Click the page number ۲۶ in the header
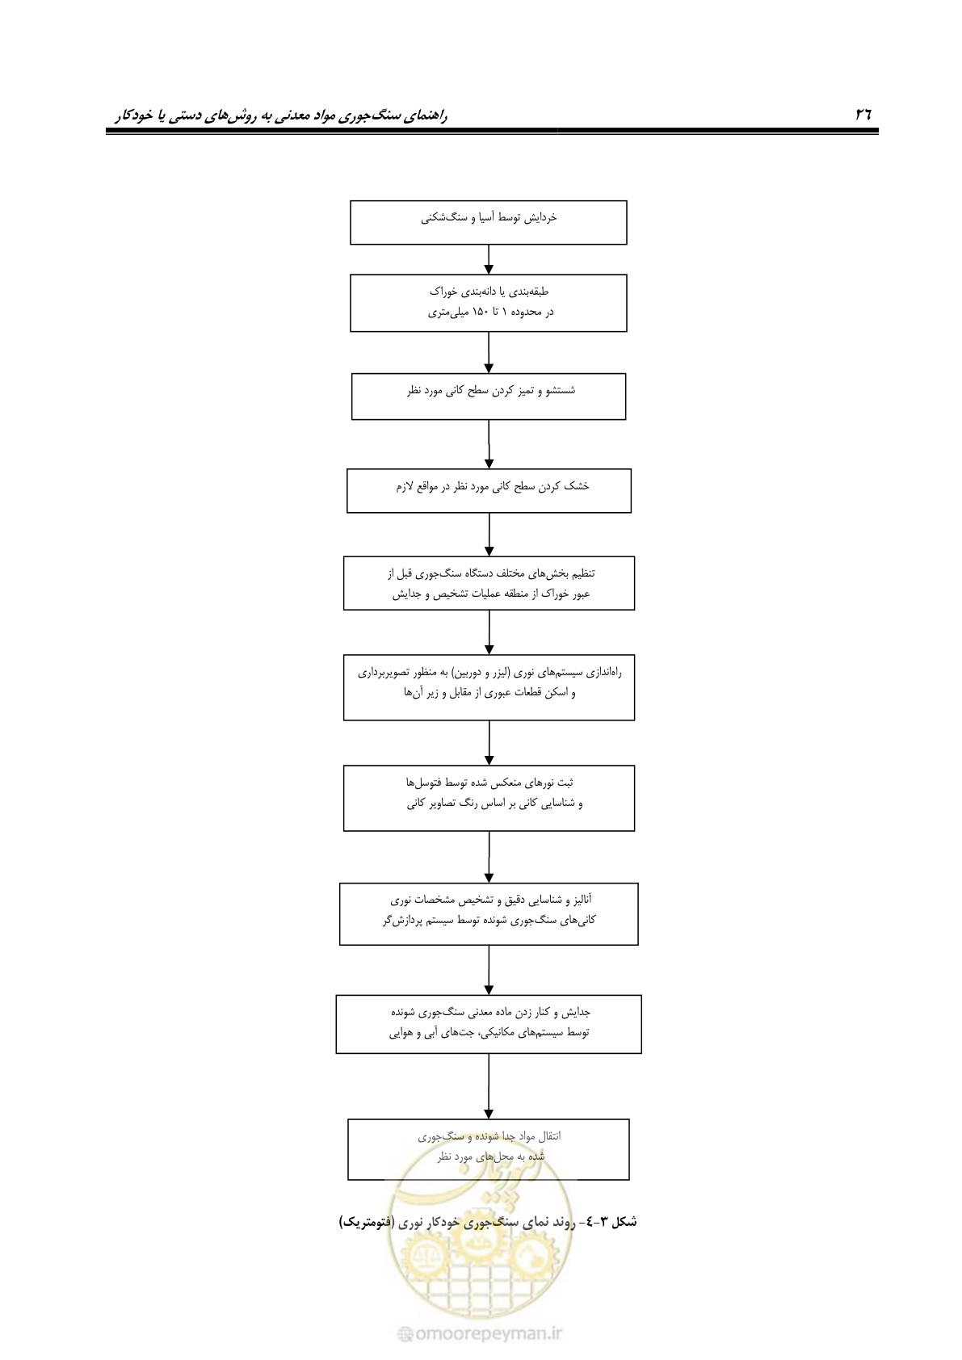863,114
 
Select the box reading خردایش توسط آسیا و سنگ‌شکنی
489,223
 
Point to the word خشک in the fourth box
577,486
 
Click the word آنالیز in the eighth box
579,899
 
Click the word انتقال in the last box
547,1136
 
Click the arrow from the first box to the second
489,260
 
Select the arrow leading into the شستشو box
489,352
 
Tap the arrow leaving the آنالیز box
489,970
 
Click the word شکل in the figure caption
623,1222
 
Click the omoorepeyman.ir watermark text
481,1334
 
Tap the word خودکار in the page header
135,115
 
